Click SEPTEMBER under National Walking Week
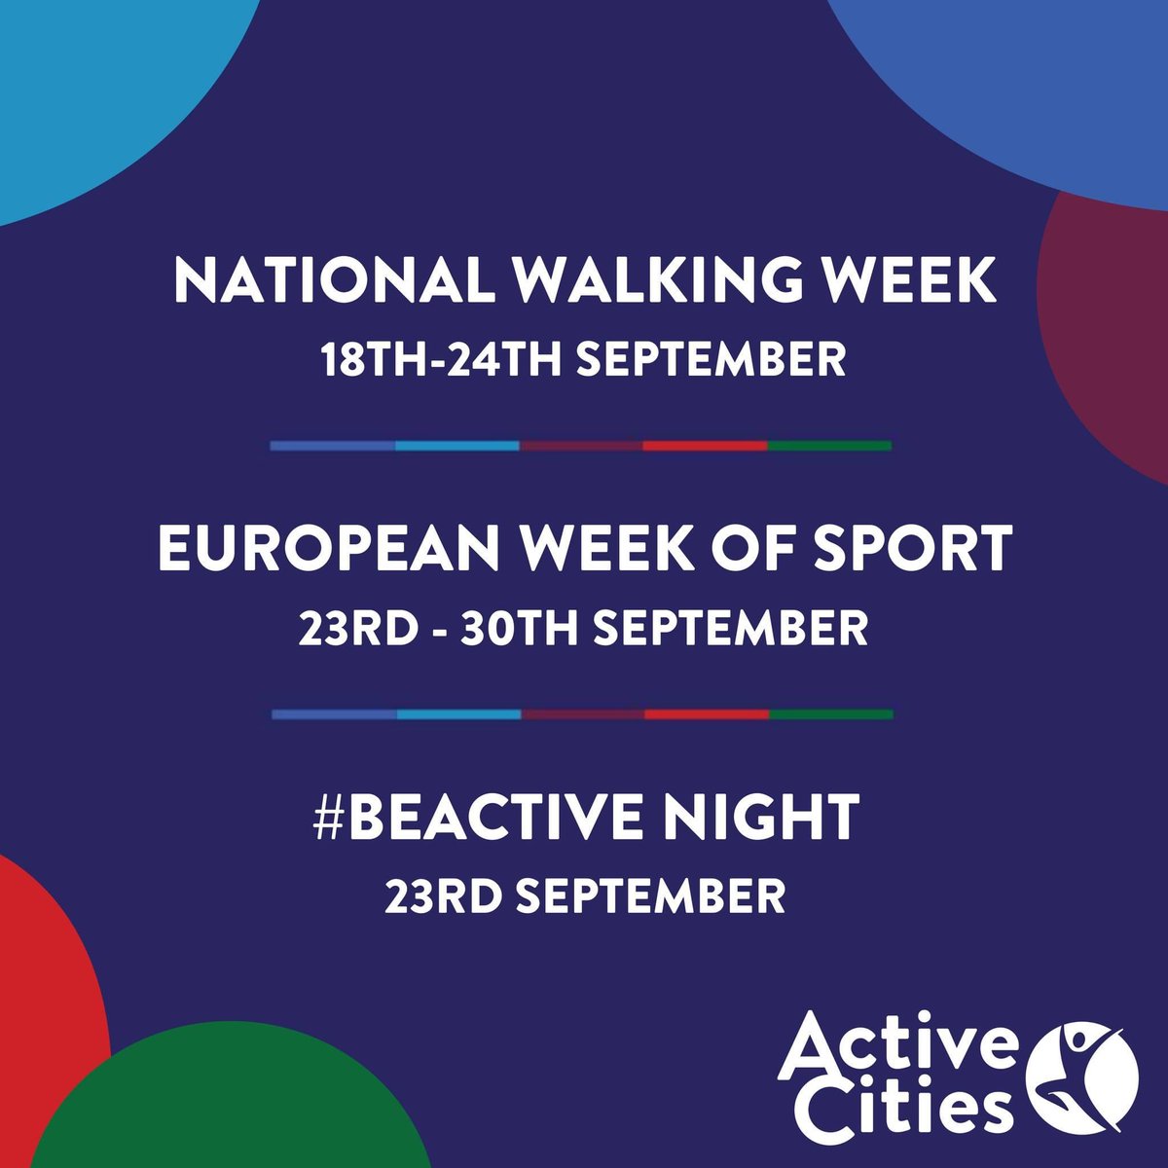point(712,359)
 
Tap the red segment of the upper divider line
point(705,446)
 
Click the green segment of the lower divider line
point(831,714)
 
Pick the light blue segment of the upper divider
point(457,446)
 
